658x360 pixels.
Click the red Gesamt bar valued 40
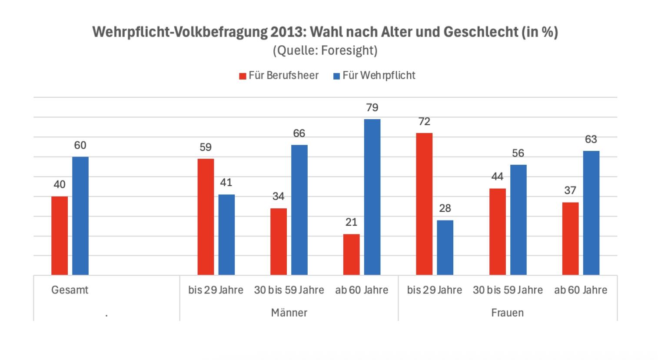60,236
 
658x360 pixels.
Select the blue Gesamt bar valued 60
80,216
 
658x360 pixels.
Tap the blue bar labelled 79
372,197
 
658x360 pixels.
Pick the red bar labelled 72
424,204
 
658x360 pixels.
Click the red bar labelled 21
351,254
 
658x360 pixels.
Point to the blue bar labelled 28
445,247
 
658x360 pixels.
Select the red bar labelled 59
206,217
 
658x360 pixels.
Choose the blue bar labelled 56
518,220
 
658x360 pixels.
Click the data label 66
299,133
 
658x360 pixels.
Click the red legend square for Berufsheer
243,76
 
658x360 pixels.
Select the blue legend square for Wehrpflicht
336,76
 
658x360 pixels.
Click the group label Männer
289,313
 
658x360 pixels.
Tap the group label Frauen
507,313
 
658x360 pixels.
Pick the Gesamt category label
70,290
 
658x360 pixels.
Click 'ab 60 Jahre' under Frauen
581,290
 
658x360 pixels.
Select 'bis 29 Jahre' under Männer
216,290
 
